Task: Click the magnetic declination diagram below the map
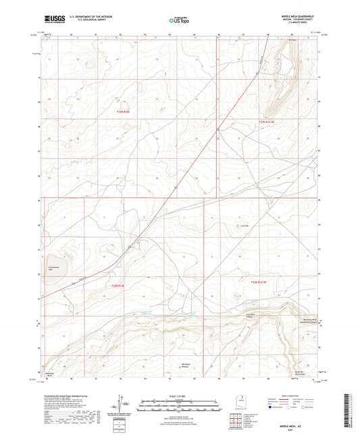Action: point(123,404)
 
